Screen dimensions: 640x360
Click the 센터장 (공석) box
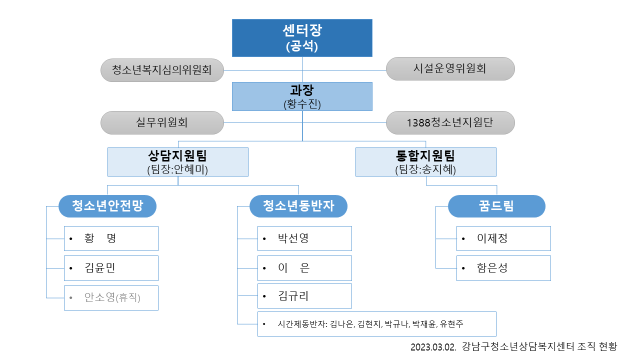(x=302, y=38)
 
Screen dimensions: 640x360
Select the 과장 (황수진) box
(x=302, y=96)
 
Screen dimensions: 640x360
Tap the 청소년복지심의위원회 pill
(x=162, y=70)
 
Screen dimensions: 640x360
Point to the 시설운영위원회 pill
(x=450, y=68)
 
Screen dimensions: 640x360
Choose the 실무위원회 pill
(x=162, y=123)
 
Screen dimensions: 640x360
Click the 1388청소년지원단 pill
(x=450, y=123)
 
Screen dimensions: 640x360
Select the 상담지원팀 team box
(x=177, y=162)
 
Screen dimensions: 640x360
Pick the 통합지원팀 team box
(x=425, y=162)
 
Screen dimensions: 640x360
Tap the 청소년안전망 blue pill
(x=107, y=206)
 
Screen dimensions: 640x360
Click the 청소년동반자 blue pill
(x=298, y=206)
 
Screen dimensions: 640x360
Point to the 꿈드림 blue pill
(x=496, y=206)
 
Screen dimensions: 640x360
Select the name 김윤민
(x=99, y=268)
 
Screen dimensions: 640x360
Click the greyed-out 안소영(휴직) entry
(x=112, y=297)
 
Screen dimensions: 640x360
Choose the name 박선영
(x=293, y=238)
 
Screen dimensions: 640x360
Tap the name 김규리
(x=293, y=296)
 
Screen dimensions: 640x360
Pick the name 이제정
(x=492, y=238)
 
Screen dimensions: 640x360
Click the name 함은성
(x=492, y=268)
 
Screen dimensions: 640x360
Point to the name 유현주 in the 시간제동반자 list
(x=451, y=324)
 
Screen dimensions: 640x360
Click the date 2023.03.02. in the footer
(x=433, y=347)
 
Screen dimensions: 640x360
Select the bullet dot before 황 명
(x=71, y=239)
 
